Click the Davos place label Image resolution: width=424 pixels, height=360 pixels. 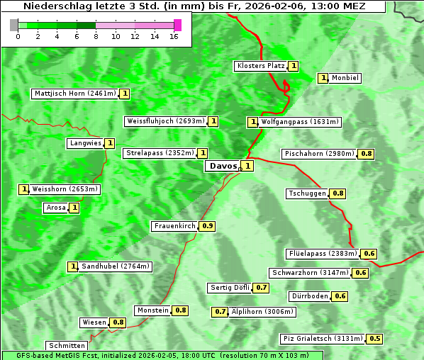click(222, 166)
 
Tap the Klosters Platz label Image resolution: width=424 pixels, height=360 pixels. click(260, 66)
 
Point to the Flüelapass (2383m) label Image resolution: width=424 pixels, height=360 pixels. click(323, 253)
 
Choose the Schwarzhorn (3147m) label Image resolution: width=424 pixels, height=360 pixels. click(311, 273)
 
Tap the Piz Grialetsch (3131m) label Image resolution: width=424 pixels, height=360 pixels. click(322, 339)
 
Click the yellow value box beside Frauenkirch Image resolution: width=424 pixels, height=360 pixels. click(208, 226)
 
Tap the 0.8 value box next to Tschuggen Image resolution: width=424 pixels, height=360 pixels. click(338, 193)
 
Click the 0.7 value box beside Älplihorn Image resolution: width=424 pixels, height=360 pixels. click(221, 311)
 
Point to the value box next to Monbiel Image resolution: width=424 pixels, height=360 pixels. click(323, 78)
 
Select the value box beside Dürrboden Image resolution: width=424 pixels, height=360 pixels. click(340, 296)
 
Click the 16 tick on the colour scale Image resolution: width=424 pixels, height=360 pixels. click(174, 36)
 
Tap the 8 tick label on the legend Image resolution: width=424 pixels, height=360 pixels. click(96, 36)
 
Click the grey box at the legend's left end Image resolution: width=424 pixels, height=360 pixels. click(14, 25)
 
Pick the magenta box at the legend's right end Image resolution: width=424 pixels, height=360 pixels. click(177, 25)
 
